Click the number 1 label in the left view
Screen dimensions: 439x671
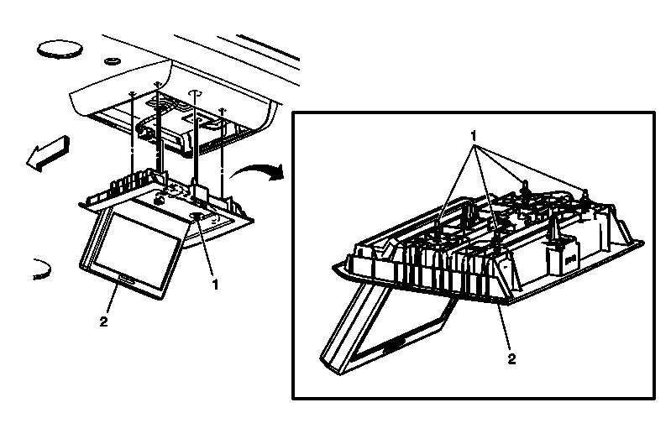[x=215, y=285]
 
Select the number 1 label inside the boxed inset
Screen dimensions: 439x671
[x=474, y=134]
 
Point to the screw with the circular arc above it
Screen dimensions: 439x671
[x=195, y=97]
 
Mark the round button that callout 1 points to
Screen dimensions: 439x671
[x=196, y=217]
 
